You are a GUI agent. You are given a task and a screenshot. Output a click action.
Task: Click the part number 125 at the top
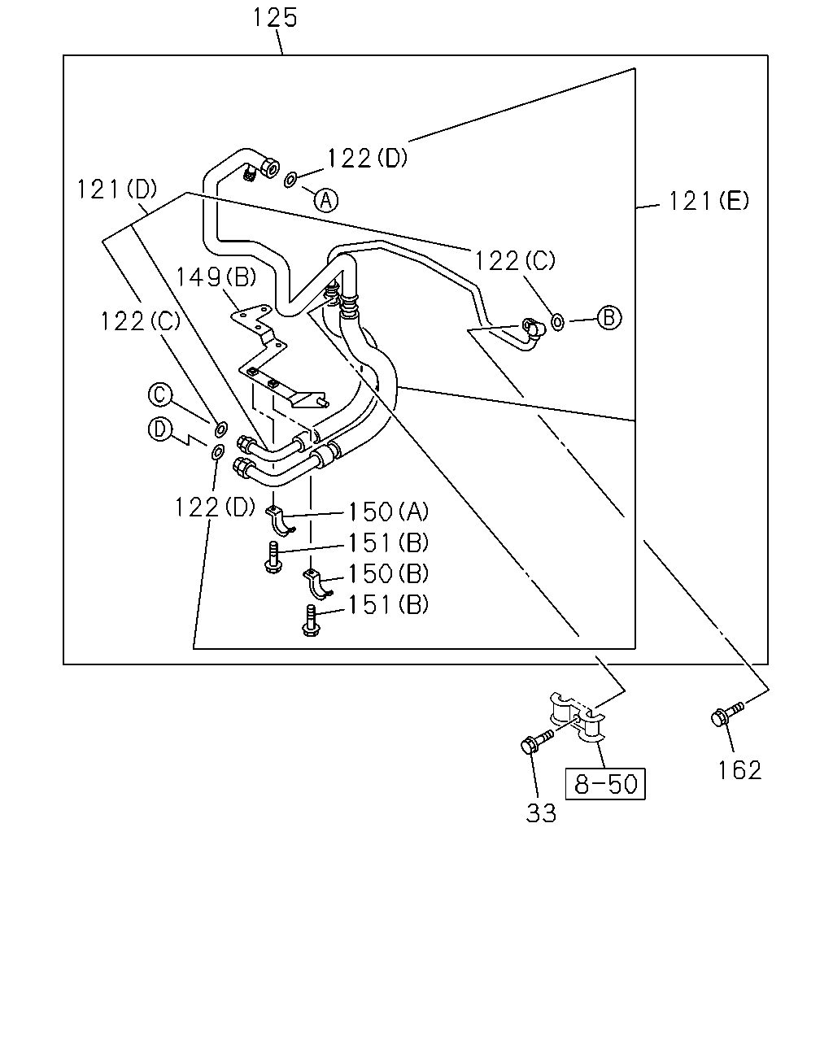pos(275,18)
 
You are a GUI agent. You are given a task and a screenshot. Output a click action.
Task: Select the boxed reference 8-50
pos(605,784)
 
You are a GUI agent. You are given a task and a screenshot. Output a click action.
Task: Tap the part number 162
pos(739,771)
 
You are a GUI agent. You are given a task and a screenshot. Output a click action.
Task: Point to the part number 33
pos(541,813)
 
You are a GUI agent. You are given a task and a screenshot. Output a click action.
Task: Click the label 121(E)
pos(709,201)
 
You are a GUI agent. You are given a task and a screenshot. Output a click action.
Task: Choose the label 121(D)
pos(117,189)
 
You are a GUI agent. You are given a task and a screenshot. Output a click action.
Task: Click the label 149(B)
pos(216,277)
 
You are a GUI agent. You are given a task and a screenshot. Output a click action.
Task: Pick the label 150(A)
pos(389,512)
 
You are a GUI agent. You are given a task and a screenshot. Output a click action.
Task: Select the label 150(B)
pos(389,573)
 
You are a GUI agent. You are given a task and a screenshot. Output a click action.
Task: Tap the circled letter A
pos(326,200)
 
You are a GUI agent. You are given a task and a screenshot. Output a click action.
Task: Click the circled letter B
pos(609,318)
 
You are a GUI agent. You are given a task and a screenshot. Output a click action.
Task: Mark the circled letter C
pos(160,394)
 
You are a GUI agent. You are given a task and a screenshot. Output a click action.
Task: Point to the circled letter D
pos(160,429)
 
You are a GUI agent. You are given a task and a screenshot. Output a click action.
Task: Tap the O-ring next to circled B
pos(557,322)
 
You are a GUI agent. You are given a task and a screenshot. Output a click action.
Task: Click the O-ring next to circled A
pos(290,180)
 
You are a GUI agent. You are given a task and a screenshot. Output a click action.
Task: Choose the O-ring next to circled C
pos(220,429)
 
